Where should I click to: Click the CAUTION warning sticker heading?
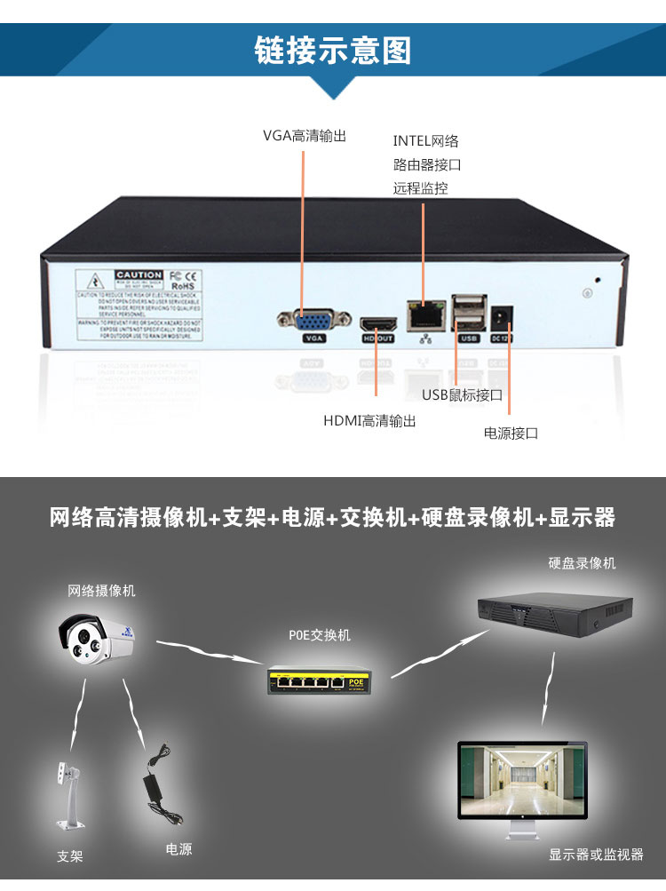point(139,274)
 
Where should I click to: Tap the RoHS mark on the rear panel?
point(182,287)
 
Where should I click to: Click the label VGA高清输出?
point(304,136)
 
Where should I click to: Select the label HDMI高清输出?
point(369,421)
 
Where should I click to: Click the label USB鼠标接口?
point(462,395)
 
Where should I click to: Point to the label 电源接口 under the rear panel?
point(511,434)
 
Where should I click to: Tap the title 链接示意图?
point(333,50)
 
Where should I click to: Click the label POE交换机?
point(320,635)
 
